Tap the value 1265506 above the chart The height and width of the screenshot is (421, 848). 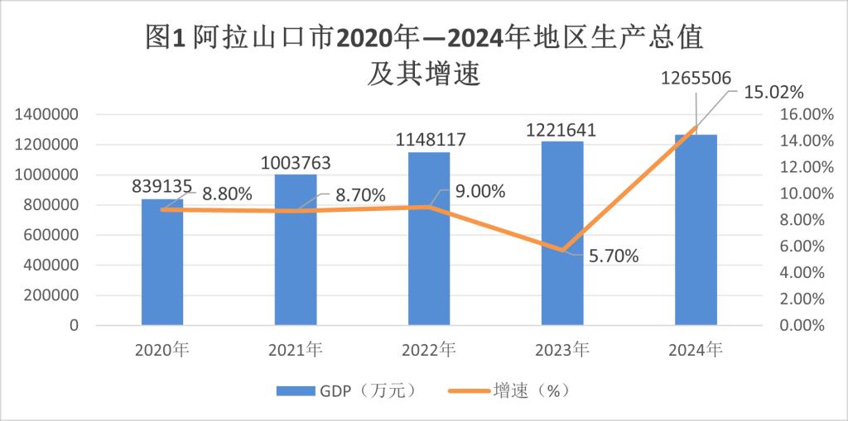click(696, 79)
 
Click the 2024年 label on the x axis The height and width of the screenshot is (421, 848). click(696, 350)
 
